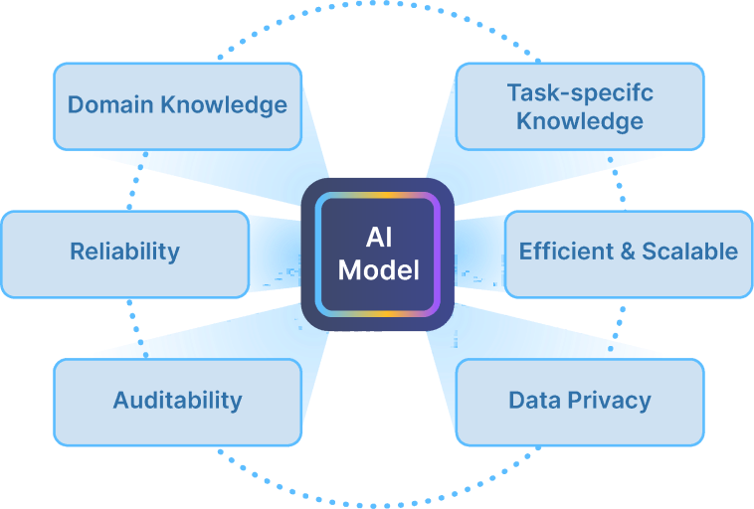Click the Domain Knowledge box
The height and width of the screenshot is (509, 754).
177,106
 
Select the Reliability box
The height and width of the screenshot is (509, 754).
125,254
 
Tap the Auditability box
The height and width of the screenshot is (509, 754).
177,403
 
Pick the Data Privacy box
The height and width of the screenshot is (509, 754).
580,403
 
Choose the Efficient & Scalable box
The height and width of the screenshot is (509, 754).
629,254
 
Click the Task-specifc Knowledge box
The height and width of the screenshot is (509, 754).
580,106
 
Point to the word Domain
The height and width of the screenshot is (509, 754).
110,104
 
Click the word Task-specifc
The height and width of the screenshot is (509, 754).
580,92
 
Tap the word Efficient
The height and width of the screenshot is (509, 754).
566,251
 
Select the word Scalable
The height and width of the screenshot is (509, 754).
690,251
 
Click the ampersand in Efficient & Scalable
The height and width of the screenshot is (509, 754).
628,252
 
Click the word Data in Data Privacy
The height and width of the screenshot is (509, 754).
535,400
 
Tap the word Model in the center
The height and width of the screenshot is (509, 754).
378,269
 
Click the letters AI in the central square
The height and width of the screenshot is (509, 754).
378,238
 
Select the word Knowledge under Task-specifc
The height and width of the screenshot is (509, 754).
580,121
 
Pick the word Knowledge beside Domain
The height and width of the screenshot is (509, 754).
224,105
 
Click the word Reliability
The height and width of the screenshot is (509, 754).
125,252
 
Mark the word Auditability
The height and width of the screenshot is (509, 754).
177,401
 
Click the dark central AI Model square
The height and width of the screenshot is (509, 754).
377,254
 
